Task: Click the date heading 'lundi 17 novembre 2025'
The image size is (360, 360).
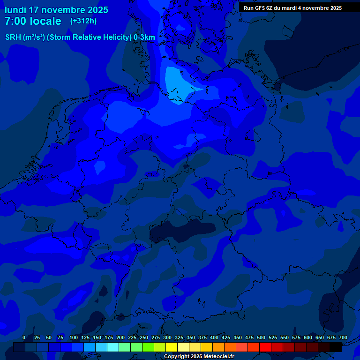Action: [x=56, y=10]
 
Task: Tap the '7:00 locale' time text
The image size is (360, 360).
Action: [x=33, y=21]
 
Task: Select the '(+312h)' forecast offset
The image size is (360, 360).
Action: [x=83, y=21]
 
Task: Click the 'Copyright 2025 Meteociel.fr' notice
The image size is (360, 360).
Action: [x=199, y=356]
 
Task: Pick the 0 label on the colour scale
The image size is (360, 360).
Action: [x=24, y=337]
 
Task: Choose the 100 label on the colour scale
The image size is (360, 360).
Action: [x=74, y=337]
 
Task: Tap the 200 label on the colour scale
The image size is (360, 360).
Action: [x=120, y=337]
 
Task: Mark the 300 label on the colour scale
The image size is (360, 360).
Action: [x=167, y=337]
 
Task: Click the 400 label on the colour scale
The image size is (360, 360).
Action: [x=214, y=337]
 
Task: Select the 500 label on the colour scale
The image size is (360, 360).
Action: [x=261, y=337]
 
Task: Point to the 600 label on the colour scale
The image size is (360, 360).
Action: [x=308, y=337]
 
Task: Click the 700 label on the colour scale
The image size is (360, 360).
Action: [x=343, y=337]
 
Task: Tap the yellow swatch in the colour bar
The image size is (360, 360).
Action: [x=172, y=347]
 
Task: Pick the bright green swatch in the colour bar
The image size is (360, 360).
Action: [x=148, y=347]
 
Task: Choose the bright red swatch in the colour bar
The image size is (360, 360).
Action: [x=265, y=347]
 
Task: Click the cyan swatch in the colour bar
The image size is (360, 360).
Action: [x=113, y=347]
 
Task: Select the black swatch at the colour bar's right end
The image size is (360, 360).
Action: [x=336, y=347]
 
